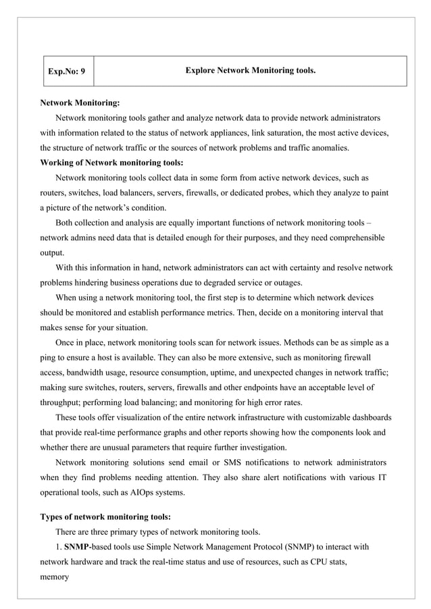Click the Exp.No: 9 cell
68,71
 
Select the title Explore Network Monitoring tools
250,70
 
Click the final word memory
55,577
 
